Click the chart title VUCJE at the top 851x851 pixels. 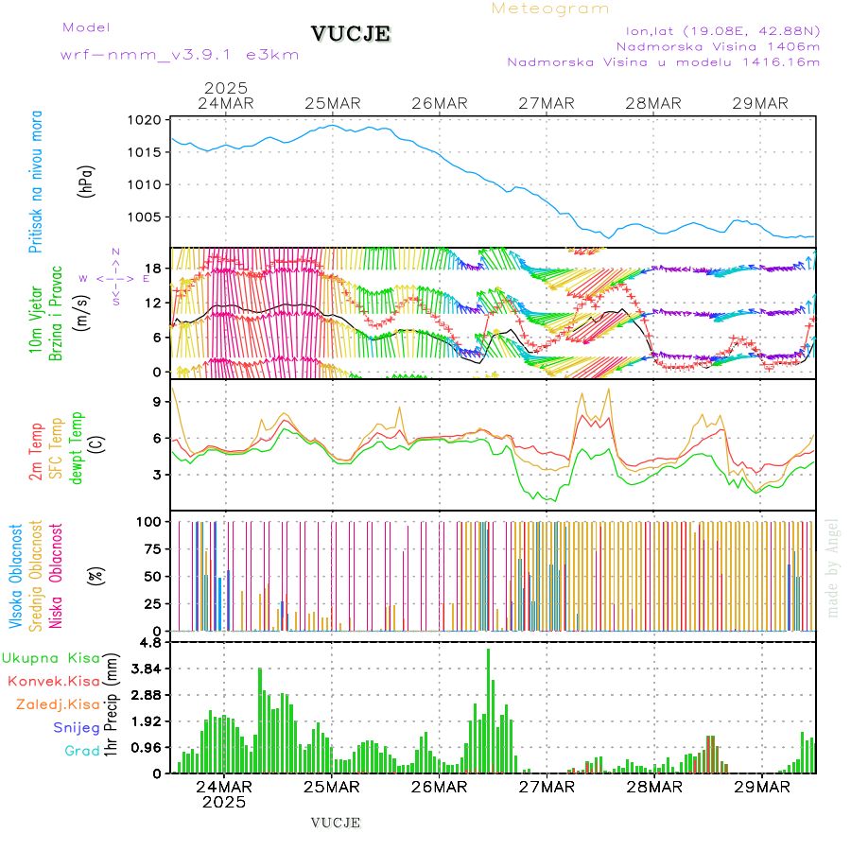tap(351, 34)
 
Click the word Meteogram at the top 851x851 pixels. tap(550, 9)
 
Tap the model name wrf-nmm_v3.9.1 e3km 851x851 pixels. tap(180, 55)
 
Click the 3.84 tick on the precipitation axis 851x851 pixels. tap(147, 669)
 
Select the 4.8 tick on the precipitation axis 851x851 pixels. tap(152, 642)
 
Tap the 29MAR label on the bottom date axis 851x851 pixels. tap(761, 786)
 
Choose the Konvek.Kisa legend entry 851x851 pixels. tap(53, 681)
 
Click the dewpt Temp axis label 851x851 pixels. tap(77, 446)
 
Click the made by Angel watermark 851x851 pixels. tap(833, 566)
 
